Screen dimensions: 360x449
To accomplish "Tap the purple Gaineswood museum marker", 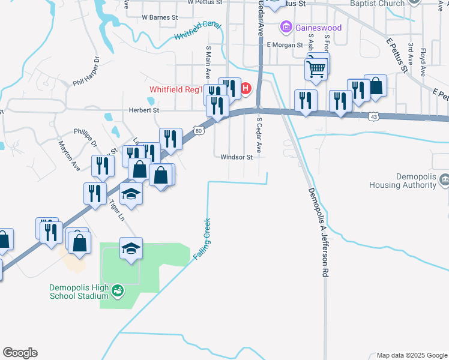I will click(286, 28).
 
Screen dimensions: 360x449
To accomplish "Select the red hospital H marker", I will click(246, 90).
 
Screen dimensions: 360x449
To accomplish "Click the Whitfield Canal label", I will click(197, 32).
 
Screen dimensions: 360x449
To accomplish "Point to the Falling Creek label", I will click(202, 239).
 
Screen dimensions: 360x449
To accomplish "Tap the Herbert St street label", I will click(143, 110).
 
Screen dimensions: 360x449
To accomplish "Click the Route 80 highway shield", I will click(198, 130).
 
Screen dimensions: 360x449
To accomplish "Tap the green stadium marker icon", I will click(118, 291).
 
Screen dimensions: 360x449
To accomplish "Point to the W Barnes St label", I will click(160, 18).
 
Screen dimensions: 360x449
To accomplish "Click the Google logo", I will click(20, 353).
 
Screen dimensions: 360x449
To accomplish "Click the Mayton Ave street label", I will click(69, 155).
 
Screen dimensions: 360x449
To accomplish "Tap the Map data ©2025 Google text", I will click(412, 355).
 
